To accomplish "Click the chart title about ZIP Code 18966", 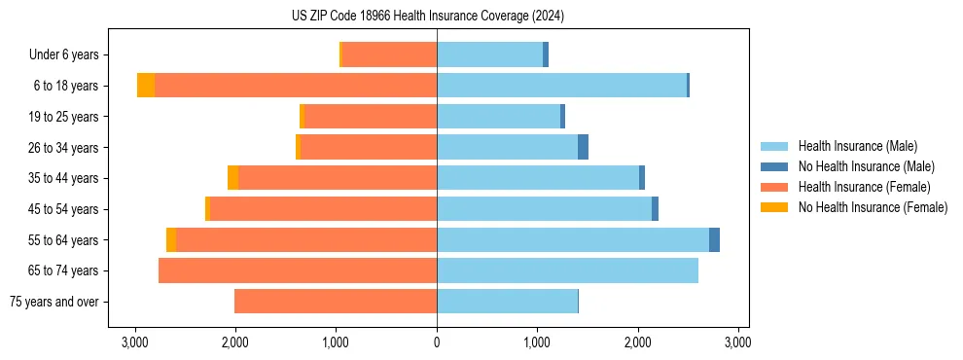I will click(x=427, y=17).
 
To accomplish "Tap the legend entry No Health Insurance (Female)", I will click(x=873, y=207).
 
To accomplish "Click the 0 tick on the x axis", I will click(x=437, y=342).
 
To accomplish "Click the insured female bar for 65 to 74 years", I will click(x=298, y=270).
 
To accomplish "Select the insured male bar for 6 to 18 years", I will click(x=561, y=86).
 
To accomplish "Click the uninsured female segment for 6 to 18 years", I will click(x=146, y=86).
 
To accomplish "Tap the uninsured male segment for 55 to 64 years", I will click(x=714, y=239).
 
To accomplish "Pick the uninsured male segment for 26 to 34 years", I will click(x=583, y=147).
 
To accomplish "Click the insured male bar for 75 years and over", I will click(x=507, y=302).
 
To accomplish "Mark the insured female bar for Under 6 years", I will click(x=389, y=54).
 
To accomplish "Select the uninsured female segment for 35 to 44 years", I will click(x=232, y=178).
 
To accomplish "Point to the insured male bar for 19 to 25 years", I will click(x=498, y=117).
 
